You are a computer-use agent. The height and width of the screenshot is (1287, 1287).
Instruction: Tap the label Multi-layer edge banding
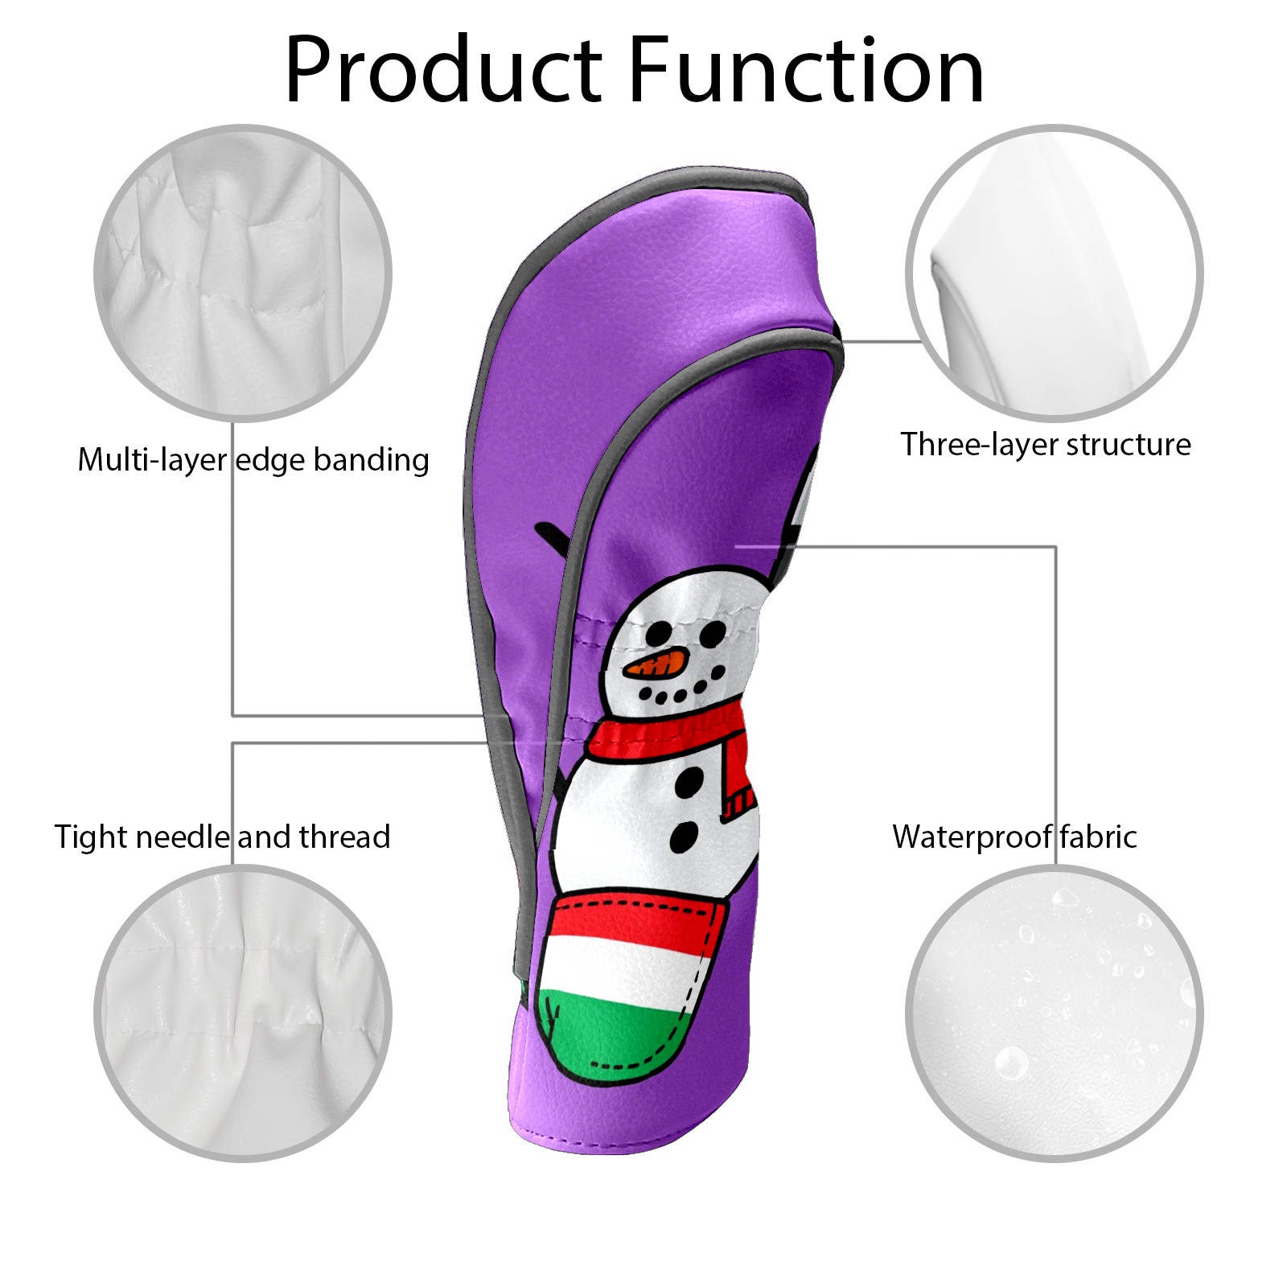coord(253,460)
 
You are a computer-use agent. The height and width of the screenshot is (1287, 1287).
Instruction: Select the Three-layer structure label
coord(1046,444)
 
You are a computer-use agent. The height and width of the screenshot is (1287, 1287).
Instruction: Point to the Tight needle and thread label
coord(222,837)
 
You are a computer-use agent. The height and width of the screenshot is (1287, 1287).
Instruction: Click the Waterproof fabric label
coord(1014,837)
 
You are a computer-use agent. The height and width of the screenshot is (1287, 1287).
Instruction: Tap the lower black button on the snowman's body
coord(685,837)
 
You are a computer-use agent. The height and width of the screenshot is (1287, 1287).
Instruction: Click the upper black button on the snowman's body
coord(689,778)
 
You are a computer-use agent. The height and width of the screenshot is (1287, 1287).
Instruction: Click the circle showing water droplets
coord(1054,1013)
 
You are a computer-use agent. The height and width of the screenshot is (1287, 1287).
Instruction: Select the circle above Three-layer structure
coord(1054,273)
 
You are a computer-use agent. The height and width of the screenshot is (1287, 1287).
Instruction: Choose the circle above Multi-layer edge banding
coord(243,273)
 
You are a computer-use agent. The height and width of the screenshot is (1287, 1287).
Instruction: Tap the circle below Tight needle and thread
coord(243,1013)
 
